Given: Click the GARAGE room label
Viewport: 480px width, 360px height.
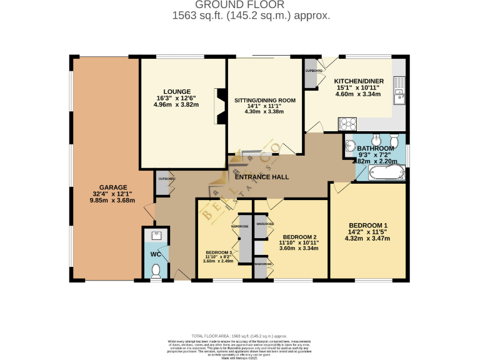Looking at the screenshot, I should (112, 187).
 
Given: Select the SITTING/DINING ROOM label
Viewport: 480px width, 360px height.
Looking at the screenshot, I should (264, 100).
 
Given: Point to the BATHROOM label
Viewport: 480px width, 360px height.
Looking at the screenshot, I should (376, 147).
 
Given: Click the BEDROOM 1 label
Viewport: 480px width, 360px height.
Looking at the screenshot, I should (368, 225).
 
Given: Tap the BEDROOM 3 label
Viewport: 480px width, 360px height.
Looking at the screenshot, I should (218, 252).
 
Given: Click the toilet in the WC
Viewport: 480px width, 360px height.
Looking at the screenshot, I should (156, 270).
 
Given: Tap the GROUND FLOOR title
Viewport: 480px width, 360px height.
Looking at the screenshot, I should (240, 5).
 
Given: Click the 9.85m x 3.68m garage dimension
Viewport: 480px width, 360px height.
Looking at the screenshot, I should (112, 201).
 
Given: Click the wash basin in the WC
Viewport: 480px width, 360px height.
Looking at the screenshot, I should (156, 236).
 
